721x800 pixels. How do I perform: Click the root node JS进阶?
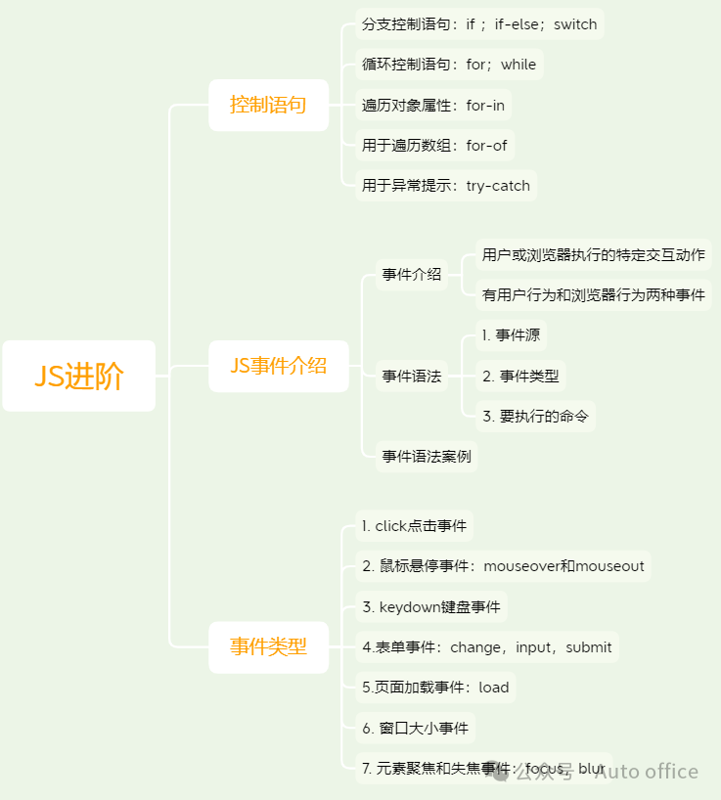click(79, 376)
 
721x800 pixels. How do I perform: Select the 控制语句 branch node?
click(268, 105)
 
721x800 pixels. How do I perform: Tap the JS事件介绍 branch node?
click(279, 366)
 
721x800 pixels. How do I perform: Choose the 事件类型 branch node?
click(268, 646)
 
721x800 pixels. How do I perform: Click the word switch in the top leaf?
click(575, 24)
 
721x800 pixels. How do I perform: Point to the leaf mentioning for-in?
click(433, 105)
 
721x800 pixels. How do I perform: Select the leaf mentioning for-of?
click(434, 146)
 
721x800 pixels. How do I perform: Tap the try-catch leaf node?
click(446, 185)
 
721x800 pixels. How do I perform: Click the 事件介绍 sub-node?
click(411, 275)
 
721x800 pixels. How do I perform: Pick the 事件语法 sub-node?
click(411, 376)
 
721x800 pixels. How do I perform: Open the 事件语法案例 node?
click(426, 456)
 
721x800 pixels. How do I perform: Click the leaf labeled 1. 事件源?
click(511, 335)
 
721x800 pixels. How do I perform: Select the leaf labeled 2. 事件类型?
click(519, 376)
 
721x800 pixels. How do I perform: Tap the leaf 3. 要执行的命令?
click(535, 416)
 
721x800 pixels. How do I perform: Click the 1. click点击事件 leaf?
click(414, 526)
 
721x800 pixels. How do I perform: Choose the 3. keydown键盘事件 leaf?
click(431, 606)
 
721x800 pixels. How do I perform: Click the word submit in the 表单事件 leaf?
click(589, 646)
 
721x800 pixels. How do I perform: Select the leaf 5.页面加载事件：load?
click(435, 687)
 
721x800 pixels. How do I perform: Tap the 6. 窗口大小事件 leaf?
click(416, 728)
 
